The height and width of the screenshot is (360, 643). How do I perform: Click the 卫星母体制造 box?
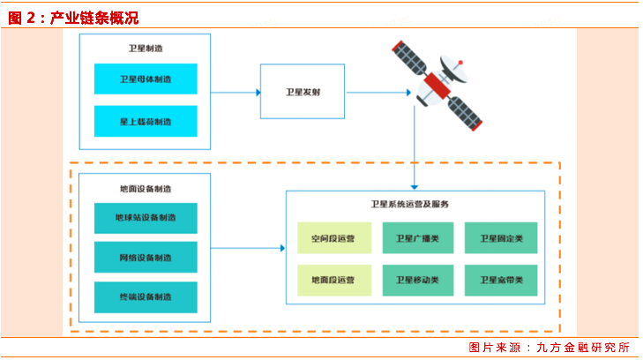[146, 79]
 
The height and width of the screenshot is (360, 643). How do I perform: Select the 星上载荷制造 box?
[146, 121]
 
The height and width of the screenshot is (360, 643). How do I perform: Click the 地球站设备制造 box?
[146, 217]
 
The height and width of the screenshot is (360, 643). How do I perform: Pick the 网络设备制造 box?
[146, 258]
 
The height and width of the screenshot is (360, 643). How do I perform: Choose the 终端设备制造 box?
[146, 297]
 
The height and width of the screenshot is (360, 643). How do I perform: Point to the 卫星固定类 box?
[501, 238]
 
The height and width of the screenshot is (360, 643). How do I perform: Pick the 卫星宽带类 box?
[501, 281]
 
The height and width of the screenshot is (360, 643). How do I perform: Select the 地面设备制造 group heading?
[145, 188]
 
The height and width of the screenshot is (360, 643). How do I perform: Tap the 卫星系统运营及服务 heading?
[410, 204]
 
